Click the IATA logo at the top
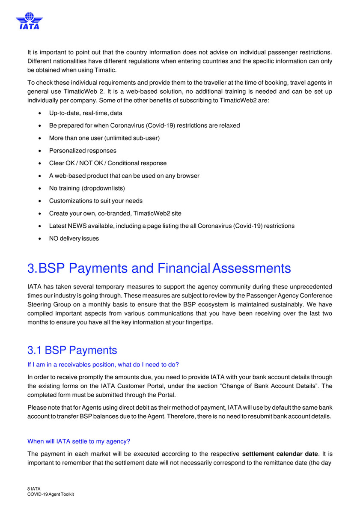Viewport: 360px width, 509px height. (x=29, y=21)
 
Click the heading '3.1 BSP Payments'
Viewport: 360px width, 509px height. (x=72, y=350)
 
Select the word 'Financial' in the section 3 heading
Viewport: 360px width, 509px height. (x=183, y=268)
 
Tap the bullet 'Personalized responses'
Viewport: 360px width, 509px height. (x=83, y=151)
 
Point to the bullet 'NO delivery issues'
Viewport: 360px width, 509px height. (x=74, y=238)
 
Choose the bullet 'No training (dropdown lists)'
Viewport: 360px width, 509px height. (x=87, y=188)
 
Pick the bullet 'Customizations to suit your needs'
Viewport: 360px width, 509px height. (x=96, y=201)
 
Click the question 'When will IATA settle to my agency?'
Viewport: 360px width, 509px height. (x=79, y=441)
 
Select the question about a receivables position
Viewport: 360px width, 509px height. (x=103, y=364)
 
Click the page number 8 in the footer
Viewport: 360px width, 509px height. (x=29, y=489)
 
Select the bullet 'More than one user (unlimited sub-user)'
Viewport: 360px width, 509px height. (x=104, y=138)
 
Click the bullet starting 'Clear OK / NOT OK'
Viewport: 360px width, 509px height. (x=108, y=163)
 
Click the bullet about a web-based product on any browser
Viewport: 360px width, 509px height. (x=124, y=176)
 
